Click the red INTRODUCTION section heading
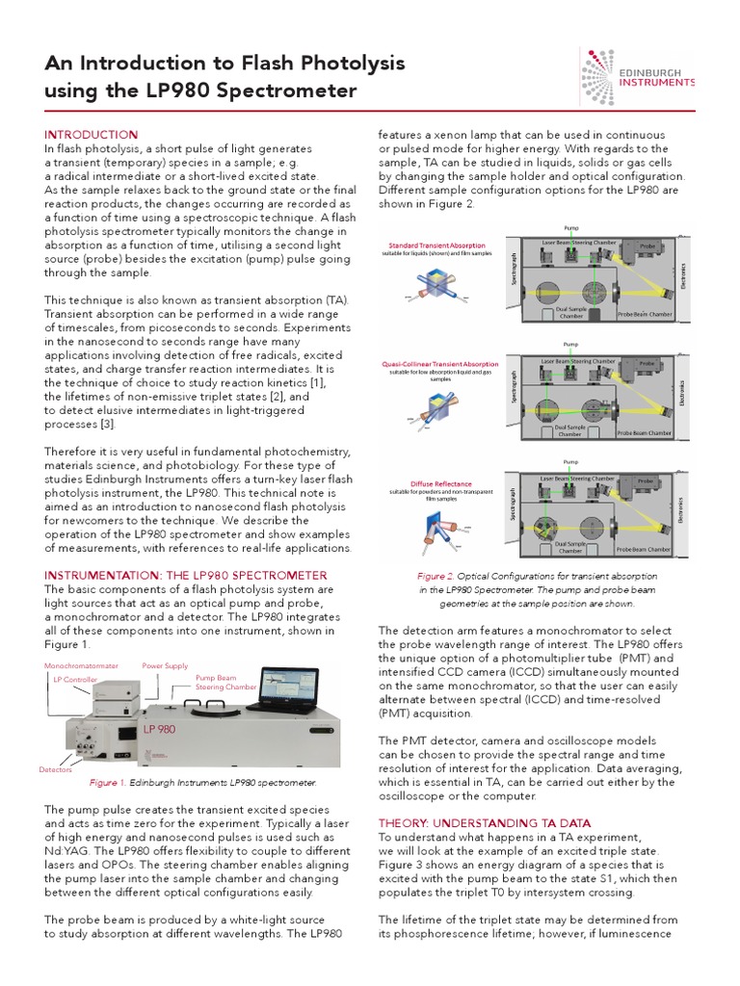pos(92,134)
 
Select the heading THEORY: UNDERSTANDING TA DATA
pos(485,823)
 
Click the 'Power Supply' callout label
pos(166,665)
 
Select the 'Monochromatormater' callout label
pos(81,665)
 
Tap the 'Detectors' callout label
pos(56,769)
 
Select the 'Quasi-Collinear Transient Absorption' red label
pos(439,364)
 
